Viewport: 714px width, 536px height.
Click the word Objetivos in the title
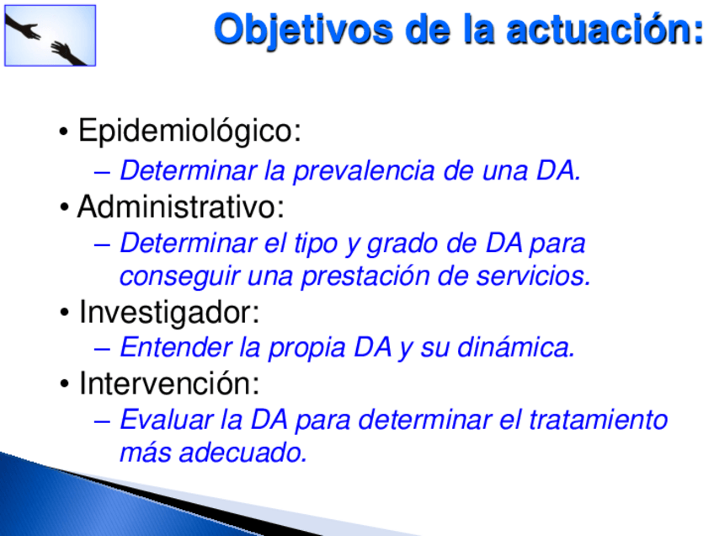(x=303, y=30)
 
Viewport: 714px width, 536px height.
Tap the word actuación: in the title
(x=605, y=29)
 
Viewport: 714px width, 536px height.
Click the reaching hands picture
(x=50, y=35)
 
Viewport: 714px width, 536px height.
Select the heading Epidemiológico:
(x=189, y=131)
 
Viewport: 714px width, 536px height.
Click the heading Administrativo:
(x=181, y=207)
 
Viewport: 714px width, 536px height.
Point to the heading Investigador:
(x=169, y=312)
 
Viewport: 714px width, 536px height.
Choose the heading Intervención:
(x=169, y=383)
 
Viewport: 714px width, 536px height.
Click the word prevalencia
(x=364, y=171)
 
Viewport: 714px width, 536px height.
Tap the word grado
(x=402, y=244)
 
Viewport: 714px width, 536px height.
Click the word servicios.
(x=533, y=276)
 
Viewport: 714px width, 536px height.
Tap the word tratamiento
(x=599, y=420)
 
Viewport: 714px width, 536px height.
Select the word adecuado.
(x=243, y=453)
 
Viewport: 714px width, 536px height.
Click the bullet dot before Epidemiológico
(x=64, y=132)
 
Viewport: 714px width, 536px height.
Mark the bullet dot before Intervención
(x=64, y=384)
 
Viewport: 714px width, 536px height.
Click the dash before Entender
(x=103, y=350)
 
